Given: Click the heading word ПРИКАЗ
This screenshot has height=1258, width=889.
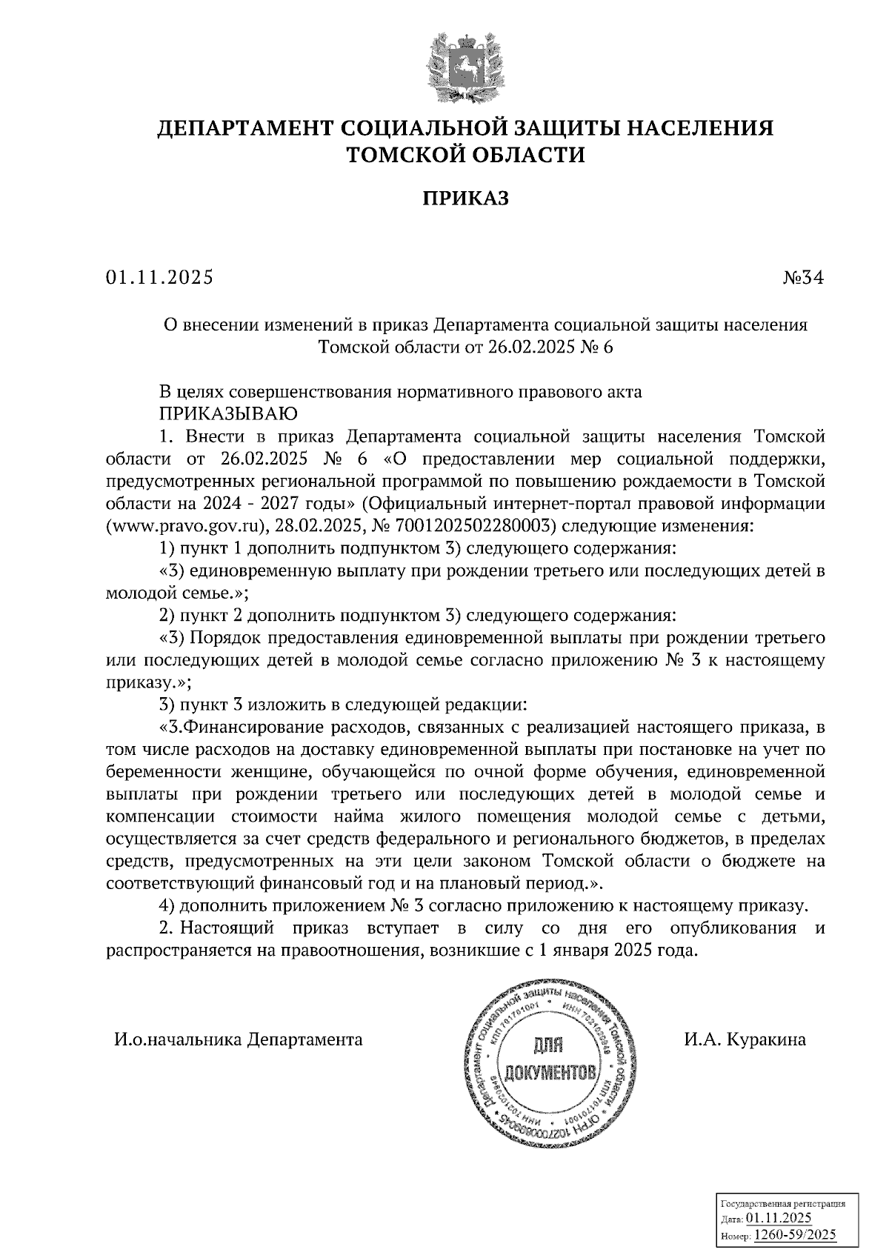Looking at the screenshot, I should [465, 198].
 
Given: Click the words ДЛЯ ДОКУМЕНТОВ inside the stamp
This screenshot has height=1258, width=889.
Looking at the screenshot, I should [549, 1057].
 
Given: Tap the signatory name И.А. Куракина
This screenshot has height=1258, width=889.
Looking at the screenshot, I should [745, 1039].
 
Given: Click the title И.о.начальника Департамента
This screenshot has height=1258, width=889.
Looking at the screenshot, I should [238, 1039].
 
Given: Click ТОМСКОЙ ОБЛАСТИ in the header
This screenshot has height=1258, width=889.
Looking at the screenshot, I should [466, 155].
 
